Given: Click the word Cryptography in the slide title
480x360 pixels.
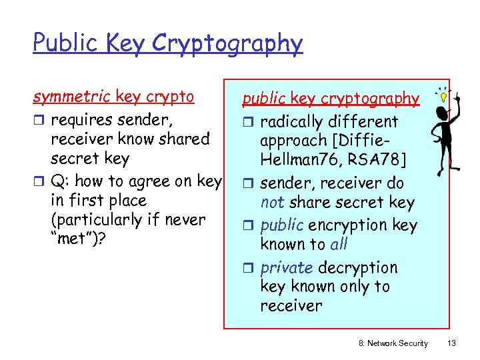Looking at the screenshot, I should click(227, 44).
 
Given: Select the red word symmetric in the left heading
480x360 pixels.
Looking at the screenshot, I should click(72, 97).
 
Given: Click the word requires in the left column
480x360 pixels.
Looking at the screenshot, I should click(82, 120).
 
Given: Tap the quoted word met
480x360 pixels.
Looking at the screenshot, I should click(75, 239).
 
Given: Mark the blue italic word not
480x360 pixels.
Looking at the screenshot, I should click(271, 203).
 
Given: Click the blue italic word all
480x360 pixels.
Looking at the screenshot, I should click(339, 244).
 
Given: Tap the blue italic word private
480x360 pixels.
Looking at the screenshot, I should click(287, 267).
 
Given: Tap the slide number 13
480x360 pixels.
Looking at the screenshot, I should click(451, 343).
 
